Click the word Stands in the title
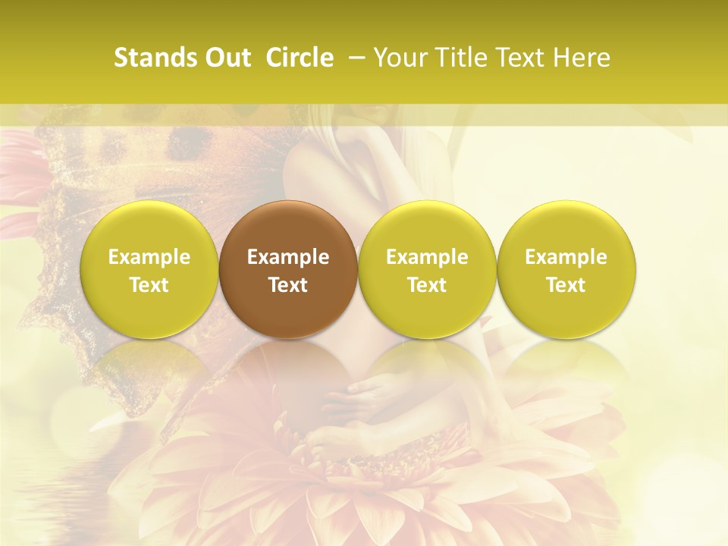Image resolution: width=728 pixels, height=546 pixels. (x=154, y=58)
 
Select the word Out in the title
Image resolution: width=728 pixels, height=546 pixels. (x=225, y=58)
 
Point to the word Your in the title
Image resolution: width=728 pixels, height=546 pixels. (x=399, y=58)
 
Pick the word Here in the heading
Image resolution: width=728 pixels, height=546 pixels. (x=583, y=58)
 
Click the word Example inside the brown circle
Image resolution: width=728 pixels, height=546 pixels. (x=288, y=257)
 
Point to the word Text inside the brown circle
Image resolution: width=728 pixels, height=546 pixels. (x=288, y=285)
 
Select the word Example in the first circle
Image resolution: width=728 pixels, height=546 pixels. (x=149, y=257)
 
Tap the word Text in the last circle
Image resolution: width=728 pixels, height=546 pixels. (x=566, y=285)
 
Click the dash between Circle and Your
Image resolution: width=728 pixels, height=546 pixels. (x=355, y=58)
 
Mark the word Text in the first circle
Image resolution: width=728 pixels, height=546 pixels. (x=149, y=285)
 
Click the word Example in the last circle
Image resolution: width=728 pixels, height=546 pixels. (x=566, y=257)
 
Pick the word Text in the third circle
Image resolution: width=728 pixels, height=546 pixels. (x=427, y=285)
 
